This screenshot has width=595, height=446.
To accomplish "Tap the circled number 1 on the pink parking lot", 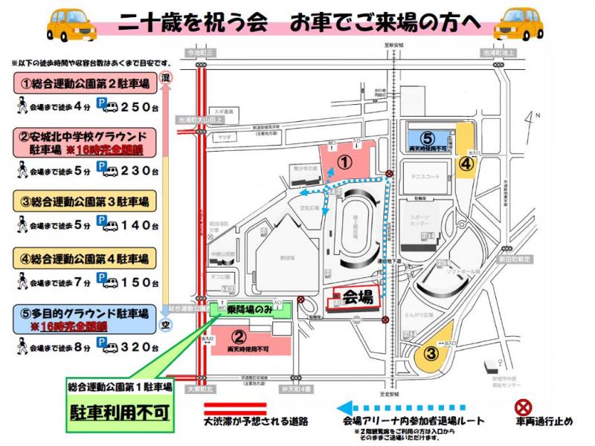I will click(344, 160).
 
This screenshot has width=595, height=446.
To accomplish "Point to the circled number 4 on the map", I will click(464, 164).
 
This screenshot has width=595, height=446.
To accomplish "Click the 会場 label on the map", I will click(358, 297).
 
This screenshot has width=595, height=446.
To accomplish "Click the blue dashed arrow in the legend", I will click(402, 407).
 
